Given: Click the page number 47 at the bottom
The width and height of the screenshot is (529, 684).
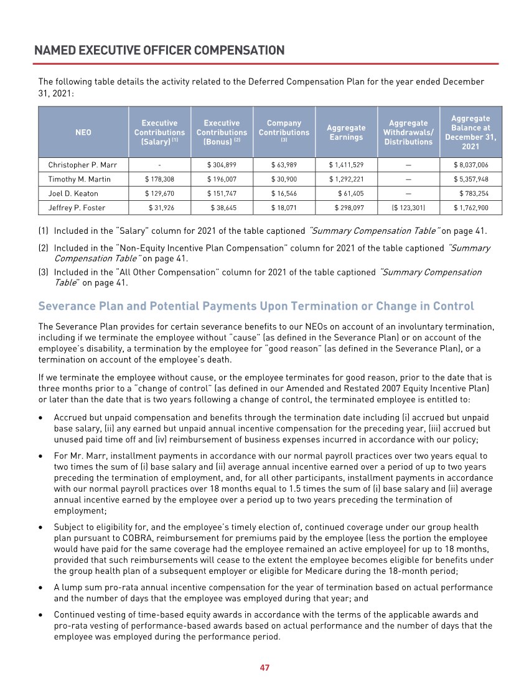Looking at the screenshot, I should point(264,668).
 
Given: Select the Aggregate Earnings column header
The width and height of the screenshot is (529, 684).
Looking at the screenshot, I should point(346,132).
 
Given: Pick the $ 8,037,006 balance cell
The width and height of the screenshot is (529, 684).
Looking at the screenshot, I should point(471,165).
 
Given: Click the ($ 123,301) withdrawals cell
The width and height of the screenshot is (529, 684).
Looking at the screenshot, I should point(408,208).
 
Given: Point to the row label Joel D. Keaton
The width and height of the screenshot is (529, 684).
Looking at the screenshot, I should point(73,193).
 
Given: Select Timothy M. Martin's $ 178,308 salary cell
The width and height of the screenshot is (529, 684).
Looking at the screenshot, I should point(159,179).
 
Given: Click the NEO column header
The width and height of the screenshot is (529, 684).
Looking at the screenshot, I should point(83,132).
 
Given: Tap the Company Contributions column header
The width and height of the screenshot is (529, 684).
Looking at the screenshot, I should point(284,132).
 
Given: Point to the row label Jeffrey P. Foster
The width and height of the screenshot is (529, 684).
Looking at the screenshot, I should point(77,208).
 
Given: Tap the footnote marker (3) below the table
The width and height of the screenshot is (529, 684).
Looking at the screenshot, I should point(44,272).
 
